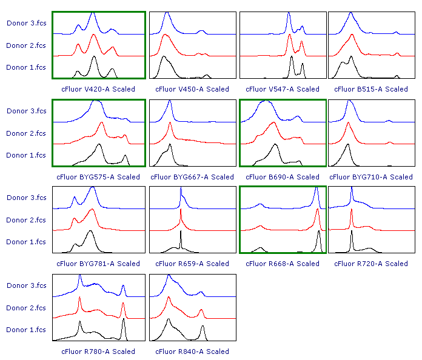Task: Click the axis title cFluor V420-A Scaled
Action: coord(98,89)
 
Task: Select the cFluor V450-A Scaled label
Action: coord(192,89)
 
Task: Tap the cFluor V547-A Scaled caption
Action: coord(282,89)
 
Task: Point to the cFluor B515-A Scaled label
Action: coord(371,89)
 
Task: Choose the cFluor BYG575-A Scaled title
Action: coord(98,177)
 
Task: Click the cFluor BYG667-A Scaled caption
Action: coord(192,177)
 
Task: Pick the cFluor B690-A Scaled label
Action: coord(282,177)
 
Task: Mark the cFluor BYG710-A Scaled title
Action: coord(371,177)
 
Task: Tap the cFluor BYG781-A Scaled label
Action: coord(98,264)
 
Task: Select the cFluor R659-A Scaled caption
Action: coord(192,264)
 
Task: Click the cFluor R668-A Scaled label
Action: coord(282,264)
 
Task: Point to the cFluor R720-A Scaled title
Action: coord(371,264)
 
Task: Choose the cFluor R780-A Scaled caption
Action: coord(98,352)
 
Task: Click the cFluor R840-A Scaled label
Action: coord(192,352)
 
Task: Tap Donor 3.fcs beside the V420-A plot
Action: coord(26,23)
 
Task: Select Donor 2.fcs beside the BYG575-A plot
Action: coord(26,133)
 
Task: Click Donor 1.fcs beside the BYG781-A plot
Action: coord(26,242)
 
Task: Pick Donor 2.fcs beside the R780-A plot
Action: coord(26,308)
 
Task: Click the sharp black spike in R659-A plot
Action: coord(181,234)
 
